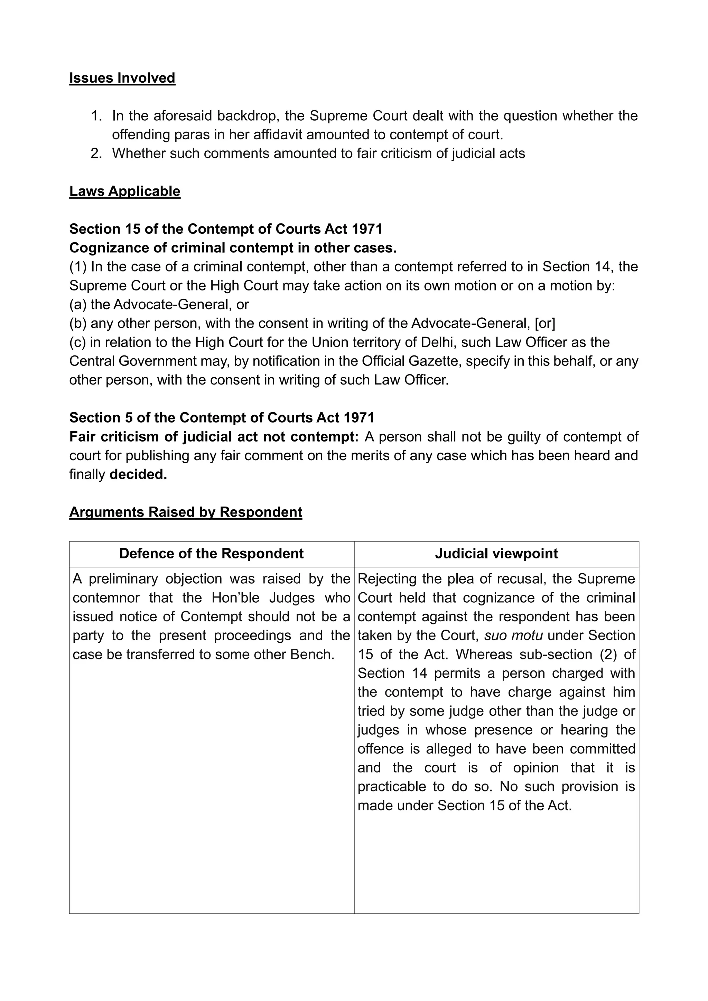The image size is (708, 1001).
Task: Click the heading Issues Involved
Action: tap(122, 78)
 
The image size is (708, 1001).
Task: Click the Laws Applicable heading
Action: tap(125, 192)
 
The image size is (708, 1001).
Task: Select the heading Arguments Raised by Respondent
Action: tap(186, 512)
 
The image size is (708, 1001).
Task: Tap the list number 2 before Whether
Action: tap(95, 154)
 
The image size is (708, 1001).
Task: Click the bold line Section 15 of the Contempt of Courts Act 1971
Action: tap(225, 229)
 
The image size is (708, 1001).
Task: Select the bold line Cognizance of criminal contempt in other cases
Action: tap(233, 248)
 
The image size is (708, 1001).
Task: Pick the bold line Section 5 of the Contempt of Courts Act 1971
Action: tap(222, 418)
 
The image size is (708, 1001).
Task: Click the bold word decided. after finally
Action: tap(138, 474)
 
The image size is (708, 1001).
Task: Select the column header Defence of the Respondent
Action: tap(212, 554)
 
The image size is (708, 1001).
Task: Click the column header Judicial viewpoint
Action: tap(496, 554)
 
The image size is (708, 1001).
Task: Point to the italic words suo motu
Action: tap(514, 636)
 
